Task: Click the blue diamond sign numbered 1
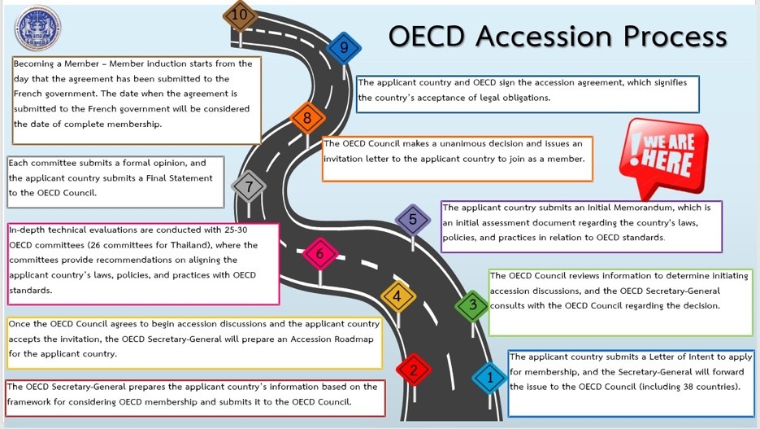[x=489, y=377]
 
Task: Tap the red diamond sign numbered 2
[x=414, y=371]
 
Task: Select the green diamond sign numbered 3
[x=472, y=306]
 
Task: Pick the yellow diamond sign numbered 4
[x=397, y=297]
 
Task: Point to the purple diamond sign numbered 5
[x=413, y=219]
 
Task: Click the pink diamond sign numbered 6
[x=320, y=254]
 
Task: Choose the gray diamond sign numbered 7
[x=249, y=186]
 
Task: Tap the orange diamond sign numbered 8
[x=307, y=119]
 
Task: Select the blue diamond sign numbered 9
[x=344, y=48]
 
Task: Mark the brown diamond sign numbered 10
[x=240, y=15]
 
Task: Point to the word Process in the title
[x=679, y=37]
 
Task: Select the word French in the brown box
[x=32, y=94]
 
